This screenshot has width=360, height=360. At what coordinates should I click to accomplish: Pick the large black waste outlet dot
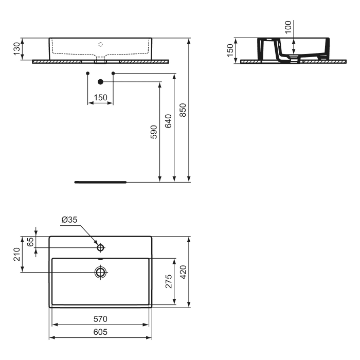101,82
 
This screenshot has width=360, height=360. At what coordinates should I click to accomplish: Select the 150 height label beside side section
230,50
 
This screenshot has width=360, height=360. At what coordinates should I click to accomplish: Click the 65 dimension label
30,242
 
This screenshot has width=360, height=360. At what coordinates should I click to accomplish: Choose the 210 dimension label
16,254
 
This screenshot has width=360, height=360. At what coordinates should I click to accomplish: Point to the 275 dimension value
169,281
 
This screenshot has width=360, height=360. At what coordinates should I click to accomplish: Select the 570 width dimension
100,319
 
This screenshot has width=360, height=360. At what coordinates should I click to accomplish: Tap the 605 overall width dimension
100,332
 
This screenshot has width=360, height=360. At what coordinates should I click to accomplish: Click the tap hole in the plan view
100,248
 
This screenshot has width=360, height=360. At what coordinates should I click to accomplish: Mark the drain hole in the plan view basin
100,272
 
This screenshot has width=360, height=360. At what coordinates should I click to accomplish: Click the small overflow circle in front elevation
101,44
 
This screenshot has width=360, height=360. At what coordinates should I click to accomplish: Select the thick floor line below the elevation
100,182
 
